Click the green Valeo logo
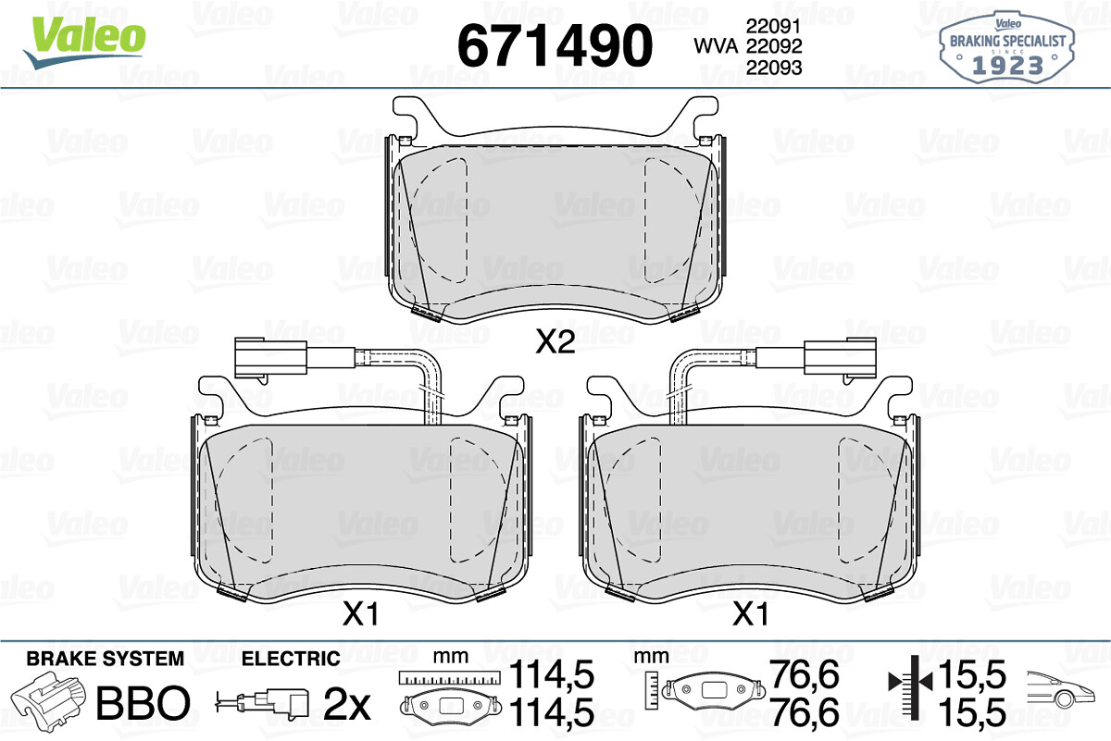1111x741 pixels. (85, 42)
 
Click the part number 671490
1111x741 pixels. (555, 45)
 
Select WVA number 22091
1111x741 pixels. (774, 26)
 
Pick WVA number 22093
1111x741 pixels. (774, 68)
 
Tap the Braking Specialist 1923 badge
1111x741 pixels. (1007, 47)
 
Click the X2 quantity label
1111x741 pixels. (555, 342)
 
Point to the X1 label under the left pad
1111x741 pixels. (360, 614)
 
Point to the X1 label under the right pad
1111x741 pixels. (751, 614)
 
